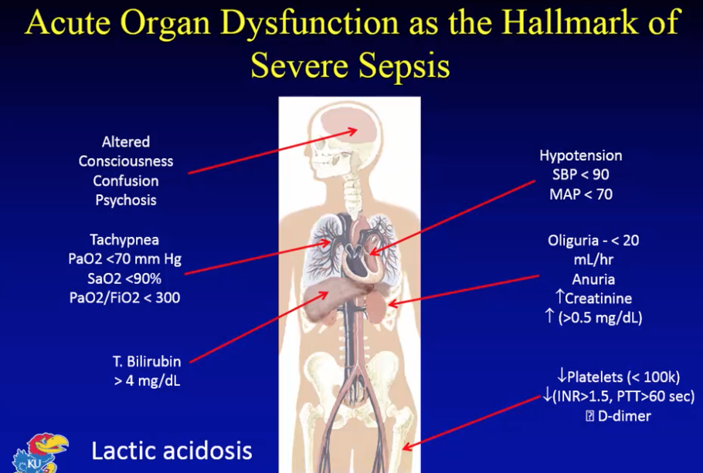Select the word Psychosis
point(125,200)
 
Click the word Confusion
point(126,181)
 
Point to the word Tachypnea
point(124,240)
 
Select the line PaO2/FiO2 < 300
point(124,297)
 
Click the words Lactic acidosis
point(172,450)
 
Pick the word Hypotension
point(580,156)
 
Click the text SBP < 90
point(580,175)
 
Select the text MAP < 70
point(580,194)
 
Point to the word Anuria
point(593,279)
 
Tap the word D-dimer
point(624,417)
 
